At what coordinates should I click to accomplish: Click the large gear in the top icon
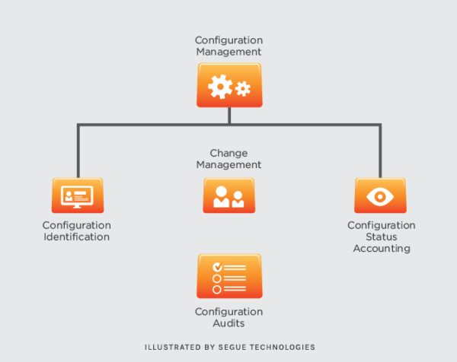220,87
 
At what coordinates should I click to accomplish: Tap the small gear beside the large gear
243,89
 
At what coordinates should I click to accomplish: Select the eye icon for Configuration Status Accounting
380,195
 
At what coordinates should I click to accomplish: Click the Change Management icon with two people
229,195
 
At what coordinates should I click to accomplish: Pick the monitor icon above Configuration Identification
77,195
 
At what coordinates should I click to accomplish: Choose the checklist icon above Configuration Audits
229,275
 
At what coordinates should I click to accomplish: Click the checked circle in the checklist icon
217,267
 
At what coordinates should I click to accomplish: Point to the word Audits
229,323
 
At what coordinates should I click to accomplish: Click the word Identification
76,237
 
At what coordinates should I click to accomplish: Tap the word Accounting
382,249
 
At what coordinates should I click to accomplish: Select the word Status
382,237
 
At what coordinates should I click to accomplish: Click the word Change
229,153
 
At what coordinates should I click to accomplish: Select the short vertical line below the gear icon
229,116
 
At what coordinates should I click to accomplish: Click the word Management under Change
229,164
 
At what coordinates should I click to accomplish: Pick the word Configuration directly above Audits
229,312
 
